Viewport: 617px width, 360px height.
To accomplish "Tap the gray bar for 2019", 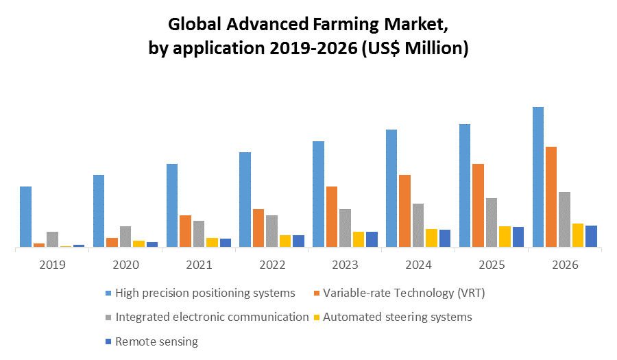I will point(52,239).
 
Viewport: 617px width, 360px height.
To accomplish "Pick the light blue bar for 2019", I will point(26,217).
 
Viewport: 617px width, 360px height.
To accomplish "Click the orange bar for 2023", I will point(331,217).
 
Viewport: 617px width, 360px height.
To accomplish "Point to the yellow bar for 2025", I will point(505,237).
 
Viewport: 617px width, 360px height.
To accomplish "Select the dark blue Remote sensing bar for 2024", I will point(445,238).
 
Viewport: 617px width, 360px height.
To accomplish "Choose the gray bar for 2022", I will point(271,231).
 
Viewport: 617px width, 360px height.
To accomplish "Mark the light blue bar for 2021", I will point(172,205).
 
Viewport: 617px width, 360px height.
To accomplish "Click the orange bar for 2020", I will point(112,242).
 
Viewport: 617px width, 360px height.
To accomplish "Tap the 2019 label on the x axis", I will point(53,265).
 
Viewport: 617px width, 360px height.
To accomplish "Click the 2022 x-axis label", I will point(272,265).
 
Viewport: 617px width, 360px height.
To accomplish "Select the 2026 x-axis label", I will point(565,265).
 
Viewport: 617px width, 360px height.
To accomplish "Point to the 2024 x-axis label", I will point(418,265).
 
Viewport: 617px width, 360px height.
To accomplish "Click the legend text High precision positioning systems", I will point(205,293).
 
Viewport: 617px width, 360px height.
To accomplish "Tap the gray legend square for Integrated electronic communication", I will point(108,317).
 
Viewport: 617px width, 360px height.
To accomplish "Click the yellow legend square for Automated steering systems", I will point(316,317).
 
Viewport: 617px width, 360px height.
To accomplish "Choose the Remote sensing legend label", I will point(156,341).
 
